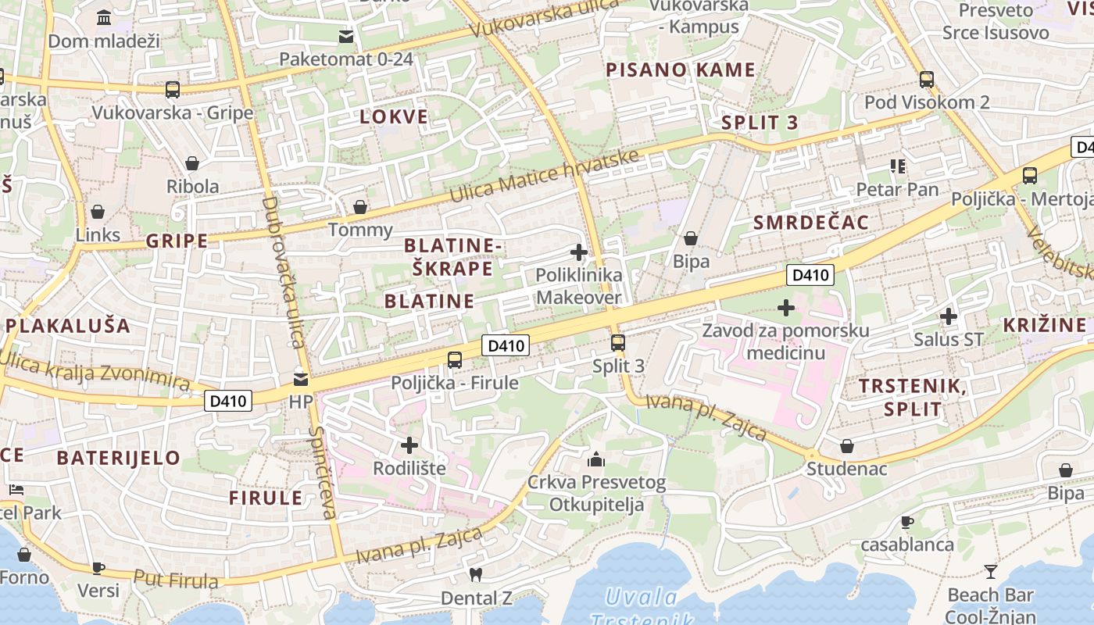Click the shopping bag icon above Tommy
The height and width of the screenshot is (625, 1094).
[360, 207]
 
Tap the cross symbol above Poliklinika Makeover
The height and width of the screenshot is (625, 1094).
[579, 252]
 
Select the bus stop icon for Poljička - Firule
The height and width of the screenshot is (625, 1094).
[455, 360]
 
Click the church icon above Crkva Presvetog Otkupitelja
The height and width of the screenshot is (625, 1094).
[596, 459]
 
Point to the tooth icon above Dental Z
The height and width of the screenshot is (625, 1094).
[475, 575]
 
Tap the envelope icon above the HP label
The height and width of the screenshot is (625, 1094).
[300, 380]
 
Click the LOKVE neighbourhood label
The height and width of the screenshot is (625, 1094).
[394, 117]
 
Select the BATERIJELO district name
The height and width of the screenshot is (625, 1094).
[119, 458]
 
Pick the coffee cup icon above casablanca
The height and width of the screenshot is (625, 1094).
[906, 522]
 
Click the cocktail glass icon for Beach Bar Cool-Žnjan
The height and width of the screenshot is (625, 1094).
[991, 572]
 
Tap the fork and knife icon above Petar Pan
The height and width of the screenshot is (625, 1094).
[897, 166]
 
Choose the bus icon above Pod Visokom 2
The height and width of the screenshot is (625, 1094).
[927, 79]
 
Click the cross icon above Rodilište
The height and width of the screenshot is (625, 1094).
[409, 445]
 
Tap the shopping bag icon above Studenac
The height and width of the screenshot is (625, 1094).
[847, 446]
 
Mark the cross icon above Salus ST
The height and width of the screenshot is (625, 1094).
[949, 316]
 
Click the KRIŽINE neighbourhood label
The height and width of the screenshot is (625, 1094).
[1045, 325]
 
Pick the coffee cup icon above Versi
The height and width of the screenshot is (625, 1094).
[98, 568]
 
